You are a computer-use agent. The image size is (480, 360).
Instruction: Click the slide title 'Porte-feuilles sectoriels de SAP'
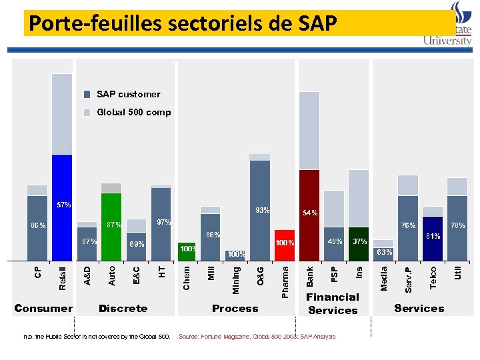(183, 24)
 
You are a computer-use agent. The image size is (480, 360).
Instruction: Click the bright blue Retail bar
(62, 207)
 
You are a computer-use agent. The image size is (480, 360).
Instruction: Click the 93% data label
(262, 211)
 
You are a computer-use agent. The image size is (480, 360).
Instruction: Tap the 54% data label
(310, 213)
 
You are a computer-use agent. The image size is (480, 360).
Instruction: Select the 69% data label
(137, 245)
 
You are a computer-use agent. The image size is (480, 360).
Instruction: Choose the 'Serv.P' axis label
(408, 279)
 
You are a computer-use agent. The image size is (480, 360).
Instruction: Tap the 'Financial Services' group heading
(333, 303)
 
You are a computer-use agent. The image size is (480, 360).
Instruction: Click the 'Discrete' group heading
(123, 308)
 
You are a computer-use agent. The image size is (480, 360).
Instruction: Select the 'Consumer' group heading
(43, 308)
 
